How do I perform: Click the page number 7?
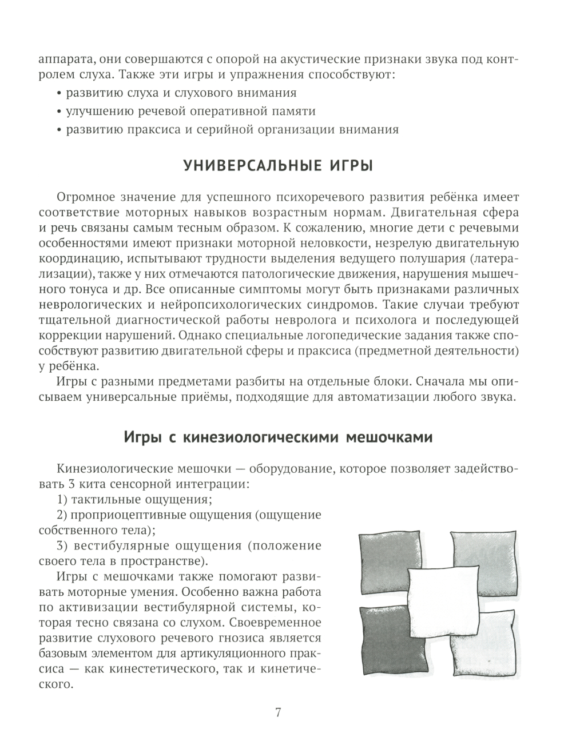point(278,712)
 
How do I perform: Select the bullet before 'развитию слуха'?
point(59,93)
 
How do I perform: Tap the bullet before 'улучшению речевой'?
point(59,111)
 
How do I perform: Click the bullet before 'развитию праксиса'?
point(59,130)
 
